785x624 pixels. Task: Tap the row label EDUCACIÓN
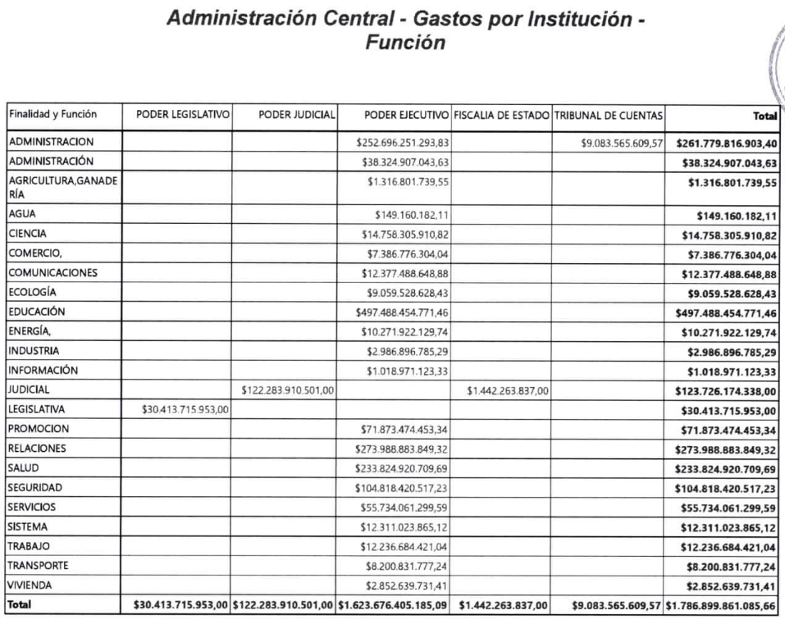point(37,312)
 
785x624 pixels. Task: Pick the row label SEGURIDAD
point(36,487)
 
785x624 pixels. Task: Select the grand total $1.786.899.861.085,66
point(722,606)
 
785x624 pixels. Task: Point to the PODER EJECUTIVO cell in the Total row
point(393,606)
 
